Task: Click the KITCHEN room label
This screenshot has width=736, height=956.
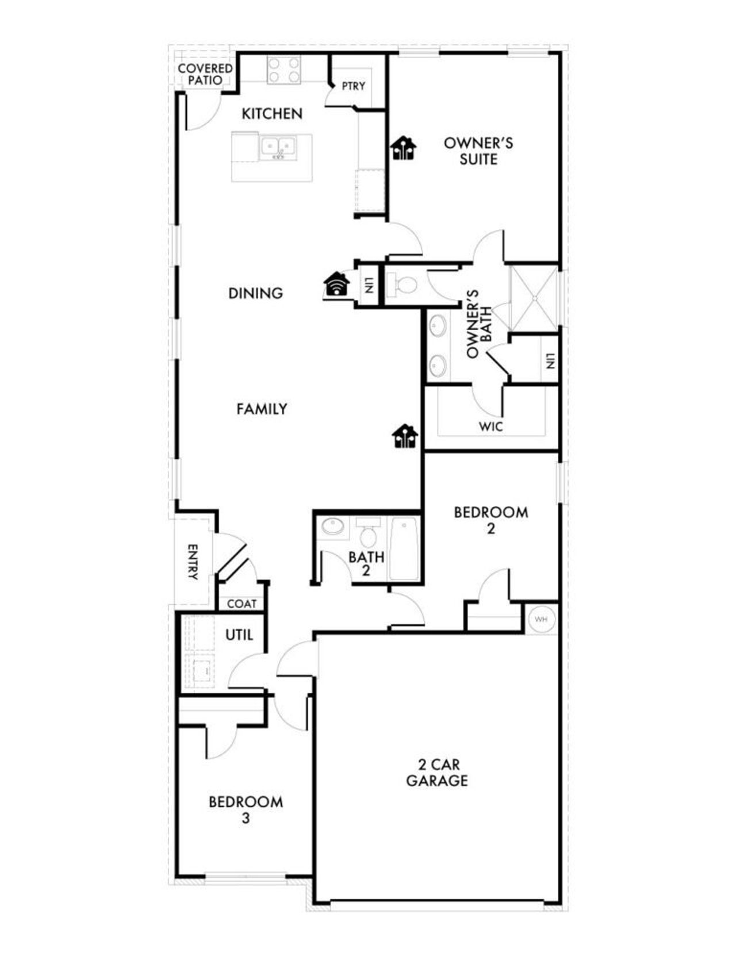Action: click(272, 114)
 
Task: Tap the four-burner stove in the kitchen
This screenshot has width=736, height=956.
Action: click(283, 70)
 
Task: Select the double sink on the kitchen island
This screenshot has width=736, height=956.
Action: click(278, 147)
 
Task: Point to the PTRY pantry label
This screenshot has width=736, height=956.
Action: click(353, 86)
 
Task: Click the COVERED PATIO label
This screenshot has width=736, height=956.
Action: click(205, 75)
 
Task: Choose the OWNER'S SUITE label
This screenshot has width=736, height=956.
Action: click(478, 151)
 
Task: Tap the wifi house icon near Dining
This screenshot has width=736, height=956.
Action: click(336, 284)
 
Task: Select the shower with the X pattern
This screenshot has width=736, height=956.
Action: click(534, 298)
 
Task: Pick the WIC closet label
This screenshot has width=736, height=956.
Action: click(490, 427)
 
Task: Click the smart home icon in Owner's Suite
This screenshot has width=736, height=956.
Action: click(404, 148)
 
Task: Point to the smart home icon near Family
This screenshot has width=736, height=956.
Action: click(405, 436)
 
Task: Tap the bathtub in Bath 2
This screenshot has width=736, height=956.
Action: click(404, 548)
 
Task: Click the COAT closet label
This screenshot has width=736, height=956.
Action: click(241, 604)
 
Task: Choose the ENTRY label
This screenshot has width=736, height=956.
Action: click(193, 562)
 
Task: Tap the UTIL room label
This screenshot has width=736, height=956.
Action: click(239, 635)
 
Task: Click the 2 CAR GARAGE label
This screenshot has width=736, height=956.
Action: click(437, 773)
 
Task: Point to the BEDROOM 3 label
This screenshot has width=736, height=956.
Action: click(246, 809)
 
